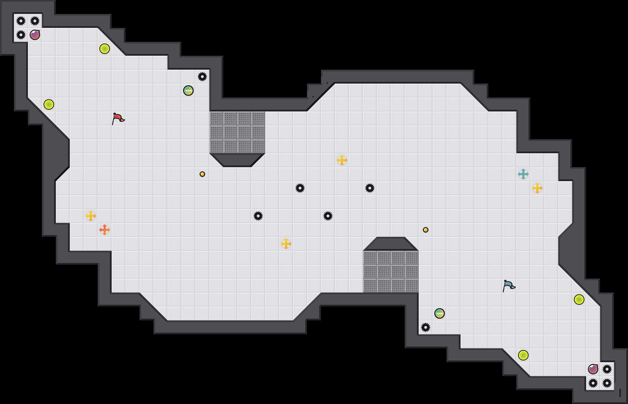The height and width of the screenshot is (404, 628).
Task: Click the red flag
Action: tap(118, 118)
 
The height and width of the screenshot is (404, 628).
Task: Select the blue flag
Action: tap(509, 286)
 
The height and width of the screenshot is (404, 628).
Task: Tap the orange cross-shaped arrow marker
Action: tap(105, 230)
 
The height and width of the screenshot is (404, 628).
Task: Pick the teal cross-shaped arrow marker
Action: tap(523, 174)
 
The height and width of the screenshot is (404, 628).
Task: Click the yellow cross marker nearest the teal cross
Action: tap(537, 188)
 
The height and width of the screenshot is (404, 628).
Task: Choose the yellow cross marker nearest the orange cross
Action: tap(91, 216)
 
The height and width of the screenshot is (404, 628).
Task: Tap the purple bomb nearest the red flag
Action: tap(35, 35)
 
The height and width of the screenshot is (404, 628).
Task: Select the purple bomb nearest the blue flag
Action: tap(593, 369)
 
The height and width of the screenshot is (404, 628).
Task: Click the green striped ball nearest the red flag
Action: tap(188, 91)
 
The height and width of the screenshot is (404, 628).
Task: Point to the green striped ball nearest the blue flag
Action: tap(440, 313)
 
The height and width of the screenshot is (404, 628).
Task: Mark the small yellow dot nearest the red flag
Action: tap(202, 174)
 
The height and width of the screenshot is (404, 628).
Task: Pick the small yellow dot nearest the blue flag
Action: tap(426, 230)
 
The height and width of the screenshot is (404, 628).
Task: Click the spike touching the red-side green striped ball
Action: tap(202, 77)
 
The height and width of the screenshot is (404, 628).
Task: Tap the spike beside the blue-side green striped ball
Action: tap(426, 327)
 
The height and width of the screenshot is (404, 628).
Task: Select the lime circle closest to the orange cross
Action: tap(49, 104)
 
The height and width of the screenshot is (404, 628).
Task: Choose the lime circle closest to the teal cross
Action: tap(579, 300)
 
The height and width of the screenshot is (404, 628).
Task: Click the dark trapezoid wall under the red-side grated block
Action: tap(237, 160)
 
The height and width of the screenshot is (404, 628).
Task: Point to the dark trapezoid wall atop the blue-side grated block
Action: tap(391, 244)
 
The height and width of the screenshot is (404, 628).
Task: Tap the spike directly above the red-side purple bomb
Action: tap(35, 21)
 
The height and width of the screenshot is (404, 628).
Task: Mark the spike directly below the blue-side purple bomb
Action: tap(593, 383)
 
